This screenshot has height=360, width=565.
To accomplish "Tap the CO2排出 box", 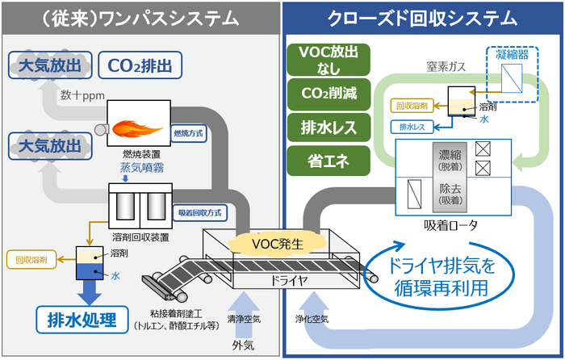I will click(140, 65).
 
